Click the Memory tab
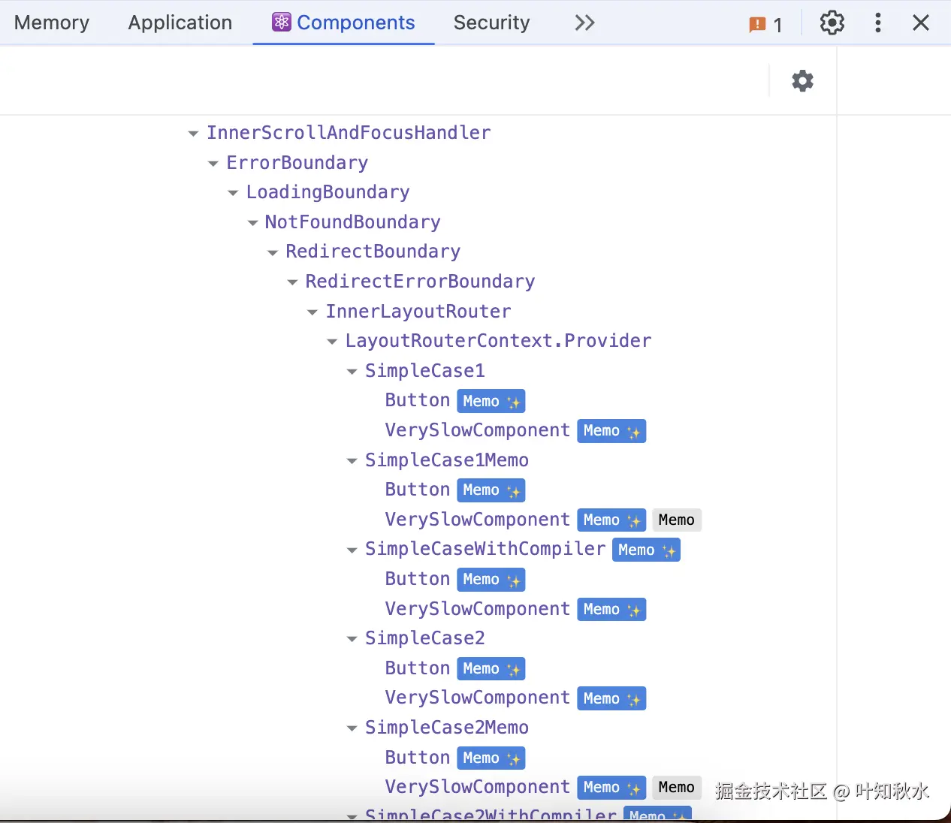click(x=52, y=23)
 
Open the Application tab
click(x=180, y=23)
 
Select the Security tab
click(x=491, y=23)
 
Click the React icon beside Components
click(x=282, y=23)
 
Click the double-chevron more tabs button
click(x=584, y=23)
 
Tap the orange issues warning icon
click(x=757, y=25)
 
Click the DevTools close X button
click(x=921, y=23)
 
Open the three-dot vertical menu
click(x=877, y=23)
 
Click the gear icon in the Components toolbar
click(x=802, y=81)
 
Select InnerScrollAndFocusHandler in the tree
click(x=349, y=133)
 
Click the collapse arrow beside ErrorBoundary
click(x=213, y=164)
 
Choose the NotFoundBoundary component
click(x=352, y=222)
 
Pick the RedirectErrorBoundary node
click(x=420, y=282)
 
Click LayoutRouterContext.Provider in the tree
click(x=498, y=341)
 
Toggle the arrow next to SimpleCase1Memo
click(x=352, y=461)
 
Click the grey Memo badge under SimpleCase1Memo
click(x=676, y=520)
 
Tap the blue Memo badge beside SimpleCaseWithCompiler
click(x=646, y=550)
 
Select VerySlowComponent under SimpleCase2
click(x=477, y=698)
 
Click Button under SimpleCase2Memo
click(x=417, y=758)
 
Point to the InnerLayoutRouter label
click(x=418, y=312)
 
